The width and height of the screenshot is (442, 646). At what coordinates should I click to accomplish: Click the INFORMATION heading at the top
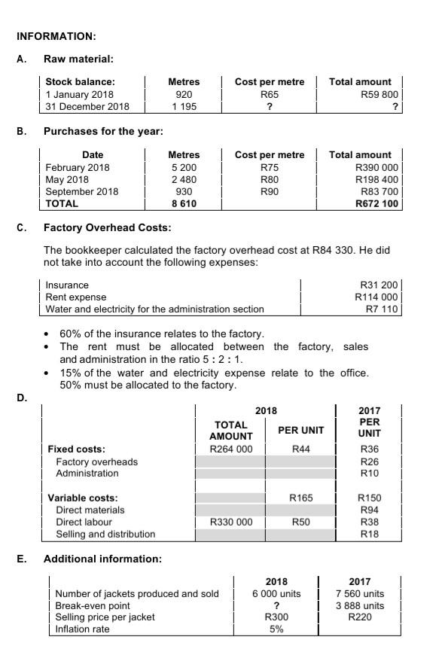tap(56, 36)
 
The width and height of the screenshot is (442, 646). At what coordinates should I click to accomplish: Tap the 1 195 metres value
tap(183, 107)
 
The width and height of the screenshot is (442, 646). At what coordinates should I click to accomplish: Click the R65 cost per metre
tap(270, 94)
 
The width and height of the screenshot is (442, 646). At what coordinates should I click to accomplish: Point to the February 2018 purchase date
tap(78, 167)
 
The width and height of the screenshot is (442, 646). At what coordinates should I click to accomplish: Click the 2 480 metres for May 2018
tap(183, 179)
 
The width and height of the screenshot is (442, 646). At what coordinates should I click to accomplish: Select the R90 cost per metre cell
tap(270, 191)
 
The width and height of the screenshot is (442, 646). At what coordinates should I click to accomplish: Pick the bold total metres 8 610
tap(183, 203)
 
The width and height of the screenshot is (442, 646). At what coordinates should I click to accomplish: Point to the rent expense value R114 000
tap(377, 297)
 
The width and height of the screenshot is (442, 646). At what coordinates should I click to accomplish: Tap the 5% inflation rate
tap(276, 629)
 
